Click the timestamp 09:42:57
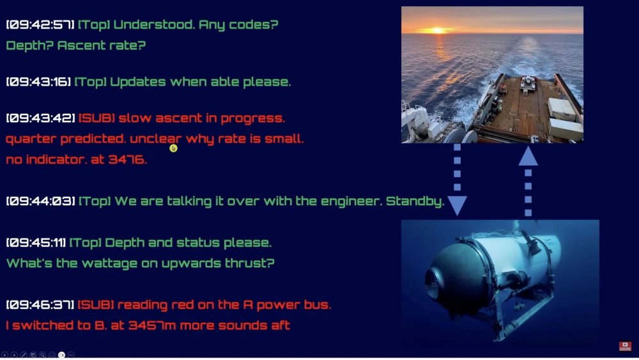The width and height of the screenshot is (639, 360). pyautogui.click(x=40, y=25)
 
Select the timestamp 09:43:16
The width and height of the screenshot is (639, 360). pyautogui.click(x=39, y=82)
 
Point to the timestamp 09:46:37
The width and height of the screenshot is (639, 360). pyautogui.click(x=40, y=304)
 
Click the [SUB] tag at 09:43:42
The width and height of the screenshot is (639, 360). pyautogui.click(x=96, y=118)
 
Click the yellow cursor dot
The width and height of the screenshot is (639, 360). pyautogui.click(x=174, y=148)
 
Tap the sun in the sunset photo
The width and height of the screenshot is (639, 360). pyautogui.click(x=437, y=30)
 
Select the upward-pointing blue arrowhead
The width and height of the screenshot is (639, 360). pyautogui.click(x=528, y=156)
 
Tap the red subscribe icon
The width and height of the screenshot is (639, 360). pyautogui.click(x=625, y=346)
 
